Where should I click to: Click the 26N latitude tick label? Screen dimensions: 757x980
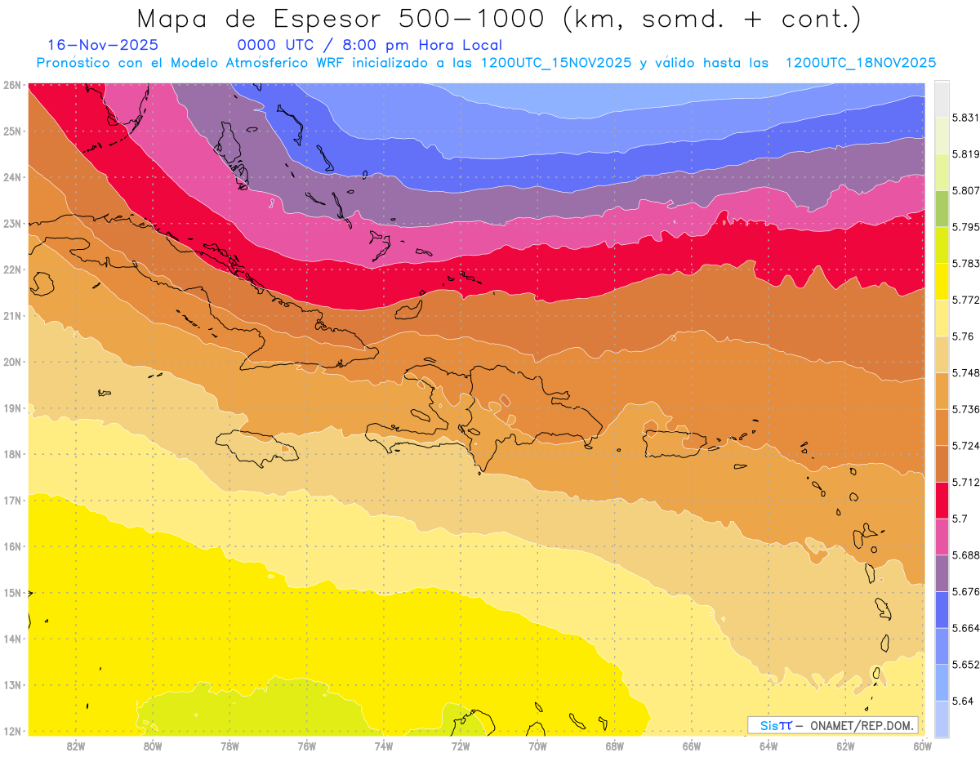click(11, 84)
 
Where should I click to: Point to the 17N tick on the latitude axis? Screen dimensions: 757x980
click(11, 500)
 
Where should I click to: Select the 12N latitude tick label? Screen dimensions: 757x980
click(11, 731)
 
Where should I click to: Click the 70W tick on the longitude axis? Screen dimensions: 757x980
click(537, 746)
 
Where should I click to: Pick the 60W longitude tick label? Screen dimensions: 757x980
click(923, 746)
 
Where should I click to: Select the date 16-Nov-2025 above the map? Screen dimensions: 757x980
click(103, 46)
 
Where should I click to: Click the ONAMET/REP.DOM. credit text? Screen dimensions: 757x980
click(862, 726)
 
